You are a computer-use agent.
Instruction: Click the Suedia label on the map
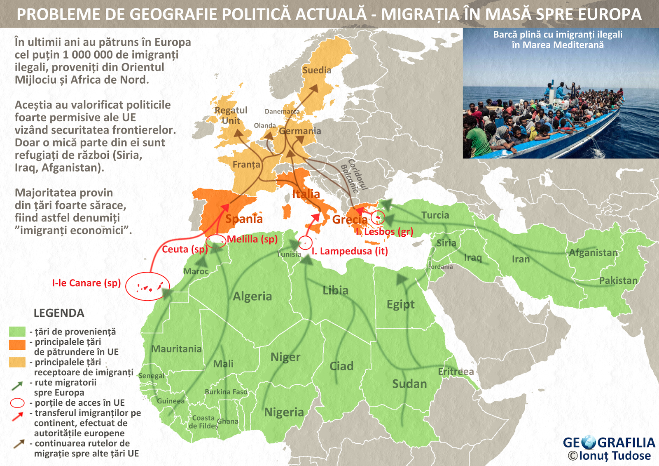tap(317, 70)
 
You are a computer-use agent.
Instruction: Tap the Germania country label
tap(300, 131)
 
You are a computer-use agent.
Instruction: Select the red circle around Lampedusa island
tap(305, 243)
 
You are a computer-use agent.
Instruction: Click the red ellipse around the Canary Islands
tap(147, 286)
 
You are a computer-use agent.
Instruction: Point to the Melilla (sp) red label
tap(252, 239)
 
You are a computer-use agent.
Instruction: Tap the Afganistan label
tap(593, 253)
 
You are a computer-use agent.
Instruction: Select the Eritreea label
tap(456, 372)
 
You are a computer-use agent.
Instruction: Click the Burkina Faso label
tap(226, 392)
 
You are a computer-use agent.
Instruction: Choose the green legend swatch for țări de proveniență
tap(17, 332)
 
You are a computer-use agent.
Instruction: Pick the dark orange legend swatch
tap(17, 345)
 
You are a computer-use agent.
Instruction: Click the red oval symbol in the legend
tap(17, 402)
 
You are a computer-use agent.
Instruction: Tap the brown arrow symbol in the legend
tap(19, 444)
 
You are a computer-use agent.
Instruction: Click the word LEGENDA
tap(59, 313)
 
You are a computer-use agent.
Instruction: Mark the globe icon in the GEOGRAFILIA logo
tap(589, 442)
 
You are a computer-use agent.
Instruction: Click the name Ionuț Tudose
tap(615, 456)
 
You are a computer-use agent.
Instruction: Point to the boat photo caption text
tap(558, 40)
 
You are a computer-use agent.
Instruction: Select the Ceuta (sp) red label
tap(184, 249)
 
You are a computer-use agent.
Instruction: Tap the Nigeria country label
tap(284, 412)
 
